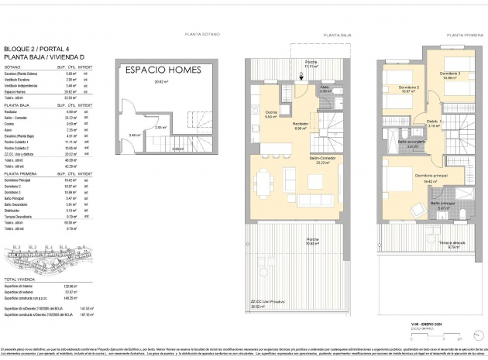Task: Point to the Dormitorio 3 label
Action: click(450, 75)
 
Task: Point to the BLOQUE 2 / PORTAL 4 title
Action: click(35, 47)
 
